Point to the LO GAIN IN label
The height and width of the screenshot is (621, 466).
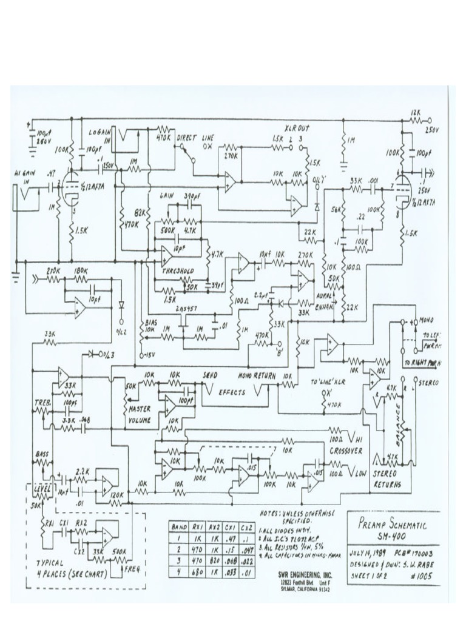[x=100, y=135]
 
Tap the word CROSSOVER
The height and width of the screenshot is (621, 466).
[x=346, y=451]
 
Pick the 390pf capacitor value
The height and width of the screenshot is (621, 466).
[x=190, y=197]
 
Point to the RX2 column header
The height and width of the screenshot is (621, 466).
[x=214, y=526]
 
